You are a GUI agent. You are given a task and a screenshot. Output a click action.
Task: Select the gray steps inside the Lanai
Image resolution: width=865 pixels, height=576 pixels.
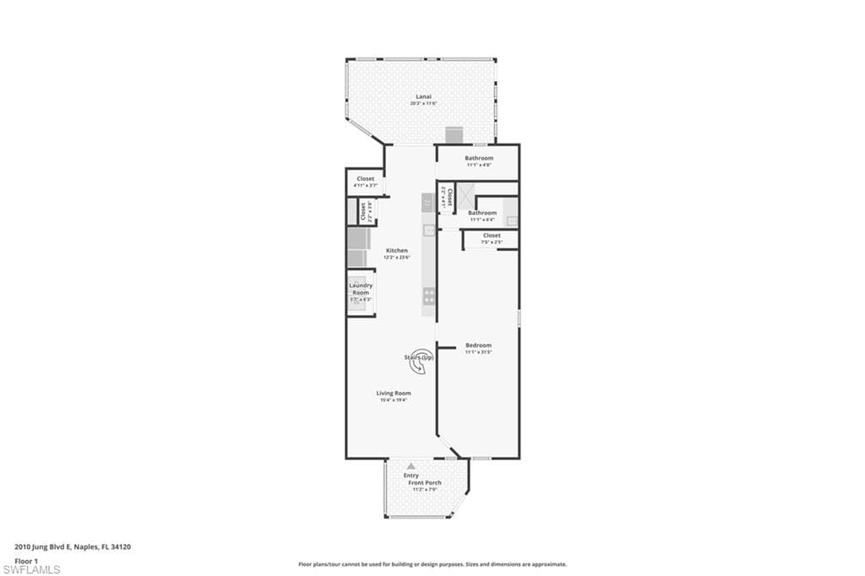pos(454,135)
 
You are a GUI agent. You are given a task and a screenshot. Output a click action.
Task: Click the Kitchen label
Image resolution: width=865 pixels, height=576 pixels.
pos(397,250)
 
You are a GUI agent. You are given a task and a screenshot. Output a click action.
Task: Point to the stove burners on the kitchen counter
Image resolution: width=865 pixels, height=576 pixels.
pos(429,295)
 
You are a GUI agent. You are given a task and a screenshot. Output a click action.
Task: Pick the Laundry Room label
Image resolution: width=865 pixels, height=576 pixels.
pos(361,289)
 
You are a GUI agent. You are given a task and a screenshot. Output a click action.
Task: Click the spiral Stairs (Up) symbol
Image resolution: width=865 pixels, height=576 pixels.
pos(422,358)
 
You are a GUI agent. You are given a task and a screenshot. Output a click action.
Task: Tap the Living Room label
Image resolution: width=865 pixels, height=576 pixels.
pos(394,393)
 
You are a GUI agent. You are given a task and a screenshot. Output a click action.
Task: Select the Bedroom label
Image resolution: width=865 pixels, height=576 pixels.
pos(478,345)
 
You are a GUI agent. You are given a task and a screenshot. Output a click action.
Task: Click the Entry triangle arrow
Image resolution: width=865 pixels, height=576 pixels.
pos(411,465)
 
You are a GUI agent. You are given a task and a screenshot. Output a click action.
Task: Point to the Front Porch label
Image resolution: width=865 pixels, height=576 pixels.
pos(425,482)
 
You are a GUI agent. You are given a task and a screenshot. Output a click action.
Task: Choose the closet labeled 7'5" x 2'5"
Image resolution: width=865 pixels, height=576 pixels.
pos(492,239)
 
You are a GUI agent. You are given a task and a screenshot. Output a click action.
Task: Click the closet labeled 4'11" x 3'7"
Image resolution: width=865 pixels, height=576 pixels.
pos(365,182)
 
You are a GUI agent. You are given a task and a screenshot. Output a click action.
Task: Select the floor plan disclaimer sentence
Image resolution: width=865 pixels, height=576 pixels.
pos(432,564)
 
